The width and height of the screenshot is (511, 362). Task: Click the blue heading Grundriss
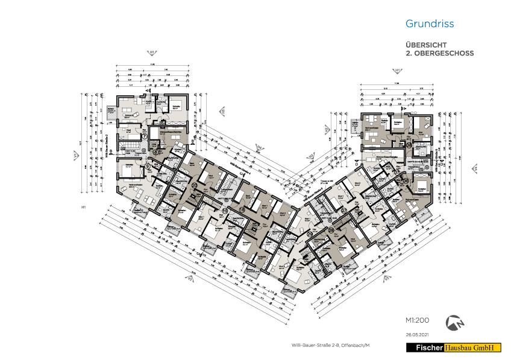430,24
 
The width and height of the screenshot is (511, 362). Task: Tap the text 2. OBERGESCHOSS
440,54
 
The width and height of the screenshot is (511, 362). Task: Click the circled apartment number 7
145,136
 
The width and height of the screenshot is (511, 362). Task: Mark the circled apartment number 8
155,152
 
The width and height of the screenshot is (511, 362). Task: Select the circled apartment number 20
194,186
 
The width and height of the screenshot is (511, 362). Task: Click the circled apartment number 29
310,233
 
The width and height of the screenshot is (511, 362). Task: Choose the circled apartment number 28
331,230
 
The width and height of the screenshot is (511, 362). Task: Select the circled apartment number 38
409,145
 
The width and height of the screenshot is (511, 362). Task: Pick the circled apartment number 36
406,180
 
